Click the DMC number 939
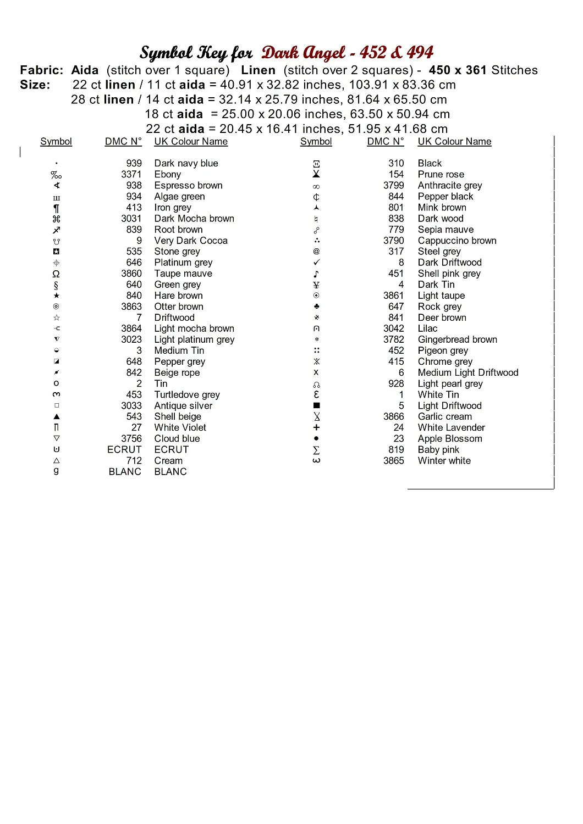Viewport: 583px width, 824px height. click(134, 163)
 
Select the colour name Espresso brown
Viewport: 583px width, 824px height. click(188, 185)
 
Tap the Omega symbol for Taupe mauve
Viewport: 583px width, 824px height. click(56, 274)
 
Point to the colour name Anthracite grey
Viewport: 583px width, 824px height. click(449, 185)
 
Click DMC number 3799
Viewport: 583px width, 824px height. click(393, 185)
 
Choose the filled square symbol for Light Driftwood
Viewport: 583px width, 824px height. click(316, 405)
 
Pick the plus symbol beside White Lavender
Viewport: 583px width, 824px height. click(316, 427)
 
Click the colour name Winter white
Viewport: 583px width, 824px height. click(444, 460)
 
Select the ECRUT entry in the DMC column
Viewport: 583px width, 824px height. click(124, 449)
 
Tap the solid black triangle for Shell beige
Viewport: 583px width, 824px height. click(56, 416)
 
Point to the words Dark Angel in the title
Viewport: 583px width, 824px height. click(303, 53)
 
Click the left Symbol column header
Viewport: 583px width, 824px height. click(56, 141)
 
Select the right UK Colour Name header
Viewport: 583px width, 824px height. click(454, 141)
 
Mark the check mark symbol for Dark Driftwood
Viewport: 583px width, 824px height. click(316, 263)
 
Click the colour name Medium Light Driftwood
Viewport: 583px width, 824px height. click(468, 372)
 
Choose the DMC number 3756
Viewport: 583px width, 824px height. click(131, 438)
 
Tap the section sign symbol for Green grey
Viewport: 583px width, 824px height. click(56, 285)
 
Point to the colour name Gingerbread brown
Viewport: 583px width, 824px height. click(457, 339)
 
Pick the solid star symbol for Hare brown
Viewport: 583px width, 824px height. click(56, 296)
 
